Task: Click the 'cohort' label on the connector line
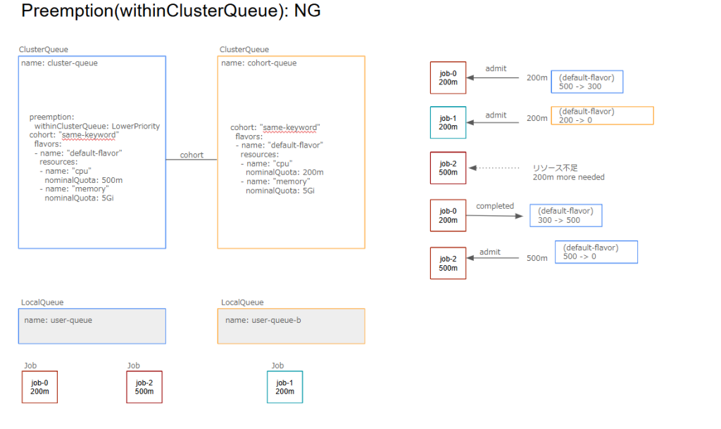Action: click(x=192, y=155)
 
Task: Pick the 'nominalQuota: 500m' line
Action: click(x=84, y=180)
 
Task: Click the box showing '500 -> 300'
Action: click(x=587, y=82)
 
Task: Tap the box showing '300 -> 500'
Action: click(x=565, y=215)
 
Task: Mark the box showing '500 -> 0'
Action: click(x=596, y=252)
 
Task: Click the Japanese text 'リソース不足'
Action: click(x=555, y=168)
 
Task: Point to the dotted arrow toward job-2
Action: click(x=498, y=168)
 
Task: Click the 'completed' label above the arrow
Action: click(x=495, y=206)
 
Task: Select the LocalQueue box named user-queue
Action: click(x=92, y=326)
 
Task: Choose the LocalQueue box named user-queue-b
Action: click(x=291, y=326)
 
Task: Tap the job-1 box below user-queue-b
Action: click(x=284, y=387)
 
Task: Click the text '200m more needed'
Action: click(x=568, y=177)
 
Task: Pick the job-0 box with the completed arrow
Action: click(x=448, y=215)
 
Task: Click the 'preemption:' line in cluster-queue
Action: click(x=51, y=117)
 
